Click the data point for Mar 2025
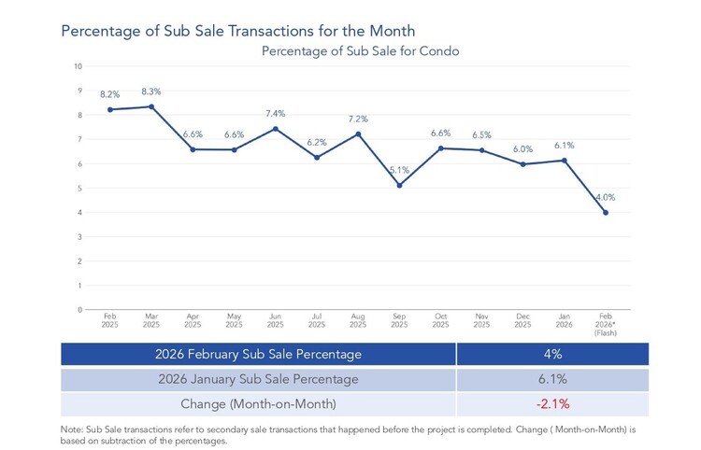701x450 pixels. click(x=151, y=106)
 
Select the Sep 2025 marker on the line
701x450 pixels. click(x=399, y=185)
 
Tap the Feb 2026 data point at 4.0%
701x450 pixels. click(x=606, y=213)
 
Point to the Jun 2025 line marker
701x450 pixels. click(x=276, y=129)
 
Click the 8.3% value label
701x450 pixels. click(x=151, y=91)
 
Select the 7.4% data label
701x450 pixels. click(x=276, y=113)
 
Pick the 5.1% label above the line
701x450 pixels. click(x=399, y=170)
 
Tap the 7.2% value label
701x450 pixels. click(x=358, y=119)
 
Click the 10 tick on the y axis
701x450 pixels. click(x=79, y=66)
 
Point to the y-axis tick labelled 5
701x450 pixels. click(x=80, y=189)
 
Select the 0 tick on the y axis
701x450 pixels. click(x=80, y=310)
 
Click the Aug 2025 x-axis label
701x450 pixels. click(x=358, y=320)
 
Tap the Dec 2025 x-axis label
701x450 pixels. click(x=523, y=320)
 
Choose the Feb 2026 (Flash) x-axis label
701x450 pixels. click(x=606, y=325)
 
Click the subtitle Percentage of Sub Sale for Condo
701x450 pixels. click(x=361, y=51)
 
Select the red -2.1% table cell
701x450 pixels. click(x=553, y=404)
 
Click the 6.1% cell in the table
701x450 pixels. click(x=553, y=379)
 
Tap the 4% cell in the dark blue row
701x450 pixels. click(x=553, y=354)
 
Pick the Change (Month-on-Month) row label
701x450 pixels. click(x=258, y=404)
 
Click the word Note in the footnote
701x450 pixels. click(x=71, y=429)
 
